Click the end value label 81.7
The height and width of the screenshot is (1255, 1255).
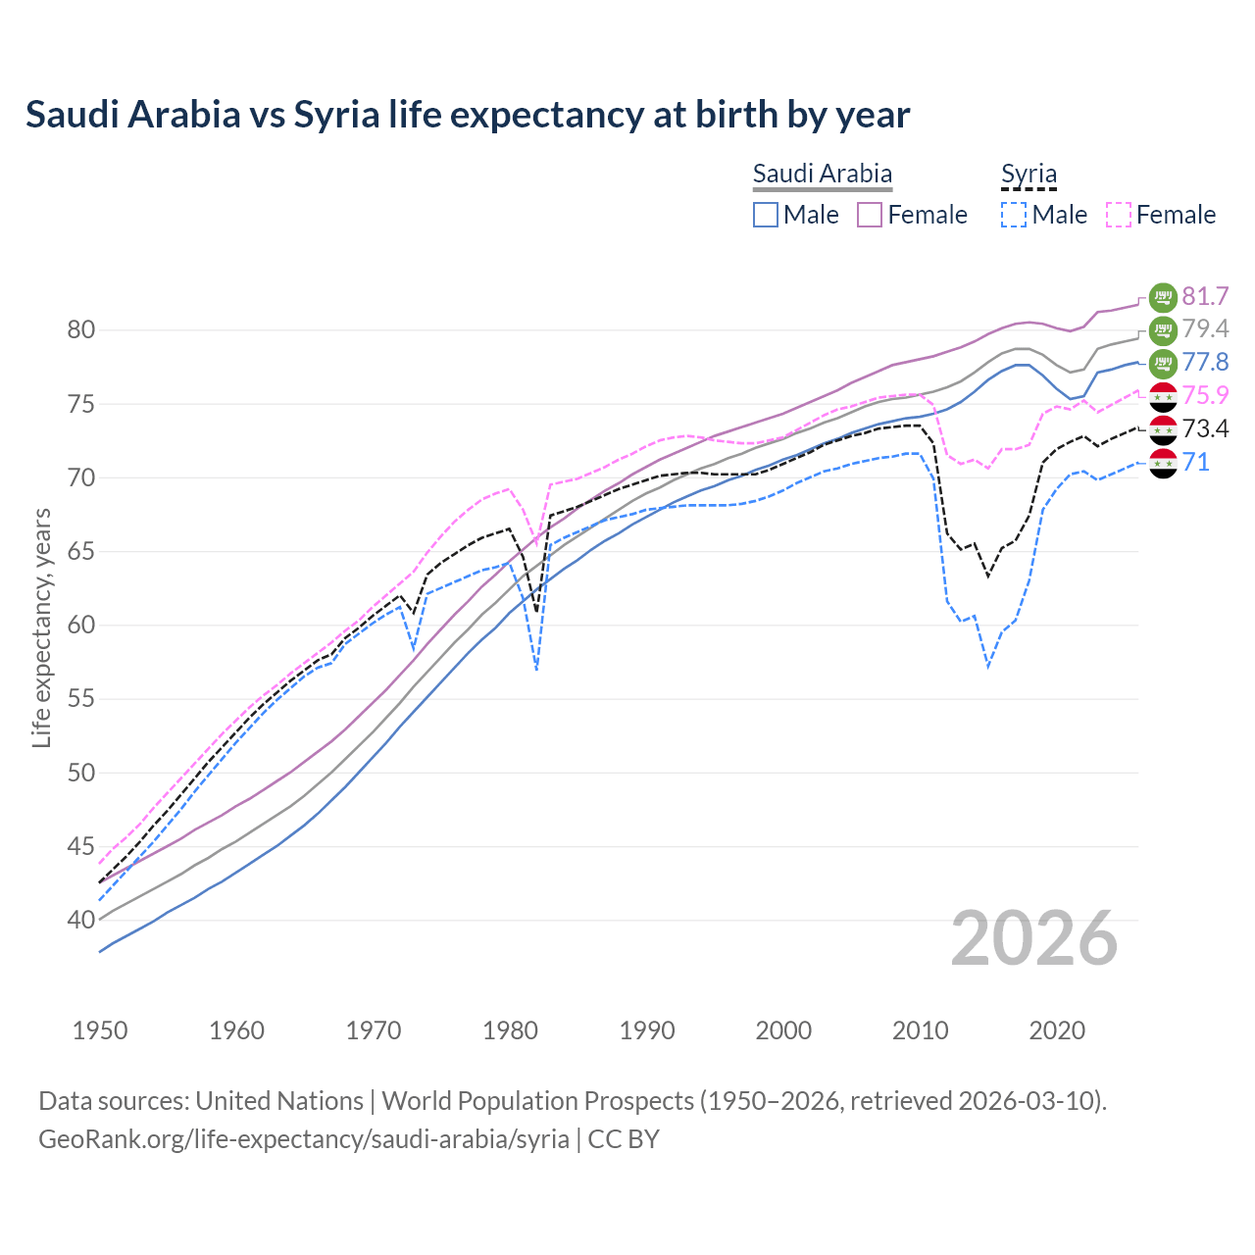(x=1205, y=296)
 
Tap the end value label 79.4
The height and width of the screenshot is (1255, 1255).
(x=1205, y=328)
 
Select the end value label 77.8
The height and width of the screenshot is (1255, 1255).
(x=1205, y=362)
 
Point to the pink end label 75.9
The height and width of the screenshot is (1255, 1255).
(x=1205, y=395)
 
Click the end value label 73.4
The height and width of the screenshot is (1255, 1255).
(x=1205, y=428)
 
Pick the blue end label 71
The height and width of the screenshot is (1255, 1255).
(x=1195, y=462)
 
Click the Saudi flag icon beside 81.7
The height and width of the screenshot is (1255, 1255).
(x=1163, y=296)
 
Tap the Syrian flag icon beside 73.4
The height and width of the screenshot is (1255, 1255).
(x=1163, y=429)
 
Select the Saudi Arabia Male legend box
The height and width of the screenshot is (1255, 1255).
(x=766, y=215)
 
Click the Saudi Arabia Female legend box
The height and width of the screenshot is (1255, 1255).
(x=870, y=215)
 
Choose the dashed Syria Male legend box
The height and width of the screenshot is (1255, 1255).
(x=1014, y=215)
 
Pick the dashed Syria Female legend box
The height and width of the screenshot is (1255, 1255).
(x=1119, y=215)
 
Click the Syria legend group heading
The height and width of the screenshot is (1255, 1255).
(x=1029, y=175)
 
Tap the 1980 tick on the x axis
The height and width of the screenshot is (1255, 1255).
(x=510, y=1030)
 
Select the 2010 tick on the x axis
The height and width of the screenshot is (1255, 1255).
(x=920, y=1030)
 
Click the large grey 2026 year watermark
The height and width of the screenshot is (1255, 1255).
(x=1033, y=938)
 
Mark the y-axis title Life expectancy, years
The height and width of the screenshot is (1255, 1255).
(x=41, y=627)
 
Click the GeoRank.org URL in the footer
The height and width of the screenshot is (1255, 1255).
(x=304, y=1139)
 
